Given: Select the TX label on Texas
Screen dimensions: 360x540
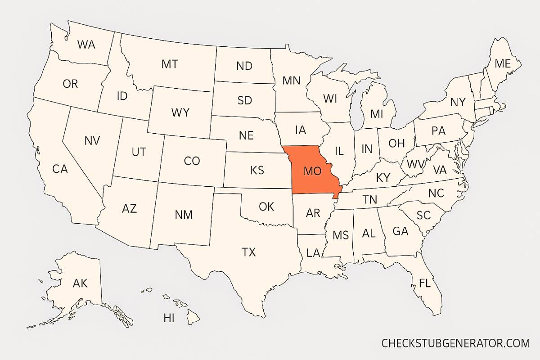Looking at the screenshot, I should pos(248,252).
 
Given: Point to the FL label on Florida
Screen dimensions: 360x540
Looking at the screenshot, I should pos(424,283).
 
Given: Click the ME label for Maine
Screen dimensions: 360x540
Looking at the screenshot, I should pos(502,64).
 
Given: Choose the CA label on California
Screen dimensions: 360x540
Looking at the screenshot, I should pos(60,169).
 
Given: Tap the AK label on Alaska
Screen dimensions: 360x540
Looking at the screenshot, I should pos(80,283).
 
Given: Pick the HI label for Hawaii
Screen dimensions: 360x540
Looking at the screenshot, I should pos(169,319).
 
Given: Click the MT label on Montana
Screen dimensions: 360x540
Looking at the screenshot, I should pos(170,64).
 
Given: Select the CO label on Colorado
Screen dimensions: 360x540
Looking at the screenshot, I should pos(192,161).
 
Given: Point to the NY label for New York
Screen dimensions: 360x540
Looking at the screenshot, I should pos(458,102).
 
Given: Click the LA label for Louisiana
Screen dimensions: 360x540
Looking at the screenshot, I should pos(313,253).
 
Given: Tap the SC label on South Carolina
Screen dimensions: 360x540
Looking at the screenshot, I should pos(423,215).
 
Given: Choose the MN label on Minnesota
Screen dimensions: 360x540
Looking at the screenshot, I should pos(291,81).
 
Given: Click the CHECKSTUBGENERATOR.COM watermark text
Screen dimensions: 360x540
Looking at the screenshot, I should pos(455,343).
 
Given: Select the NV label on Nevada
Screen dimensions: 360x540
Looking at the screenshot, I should pos(92,140).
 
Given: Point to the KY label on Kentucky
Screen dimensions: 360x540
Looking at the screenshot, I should pos(383,178).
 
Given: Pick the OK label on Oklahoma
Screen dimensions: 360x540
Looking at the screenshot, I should pos(266,207).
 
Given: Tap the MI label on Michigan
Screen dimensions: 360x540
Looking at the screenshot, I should pos(377,114).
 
